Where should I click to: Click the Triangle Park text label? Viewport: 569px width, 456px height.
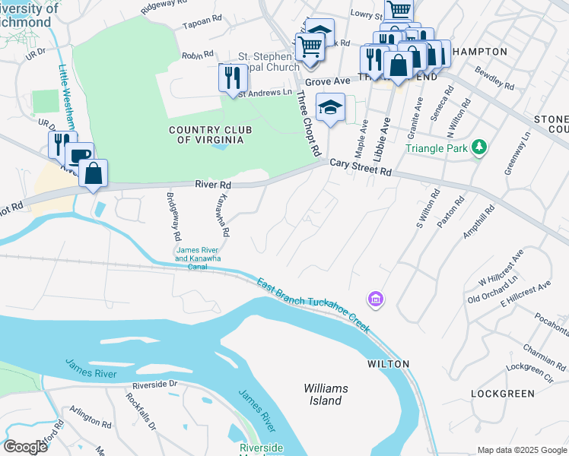point(436,148)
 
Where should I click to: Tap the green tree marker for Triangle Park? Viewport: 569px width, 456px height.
point(478,146)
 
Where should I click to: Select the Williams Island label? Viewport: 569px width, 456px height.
point(326,394)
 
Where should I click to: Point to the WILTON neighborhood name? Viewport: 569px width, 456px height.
point(389,364)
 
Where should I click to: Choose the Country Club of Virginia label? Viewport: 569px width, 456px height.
point(206,135)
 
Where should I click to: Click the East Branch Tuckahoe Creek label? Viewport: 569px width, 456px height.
point(313,304)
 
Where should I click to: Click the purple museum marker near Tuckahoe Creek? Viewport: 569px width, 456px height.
point(374,300)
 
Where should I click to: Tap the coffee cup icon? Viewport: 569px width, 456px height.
point(80,156)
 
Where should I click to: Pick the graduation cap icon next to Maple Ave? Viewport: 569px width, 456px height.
point(331,107)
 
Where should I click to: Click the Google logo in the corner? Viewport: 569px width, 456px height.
point(25,447)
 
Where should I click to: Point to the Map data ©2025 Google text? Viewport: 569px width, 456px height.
point(522,450)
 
